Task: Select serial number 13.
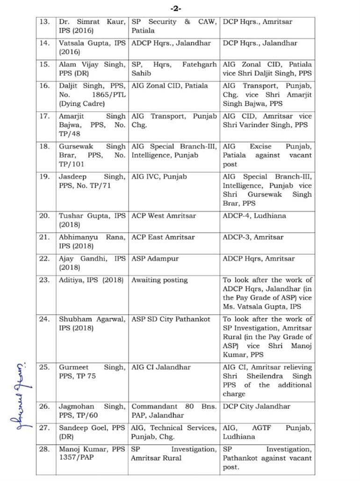tap(44, 22)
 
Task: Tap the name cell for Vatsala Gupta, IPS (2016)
tap(92, 48)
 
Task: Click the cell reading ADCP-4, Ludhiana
tap(254, 216)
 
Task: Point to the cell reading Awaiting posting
tap(159, 280)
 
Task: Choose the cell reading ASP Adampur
tap(155, 258)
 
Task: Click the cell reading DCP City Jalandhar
tap(257, 406)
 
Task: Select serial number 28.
tap(44, 449)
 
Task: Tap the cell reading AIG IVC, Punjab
tap(159, 177)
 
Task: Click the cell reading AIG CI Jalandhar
tap(161, 367)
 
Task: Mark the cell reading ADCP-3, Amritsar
tap(253, 237)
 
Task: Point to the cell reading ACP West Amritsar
tap(164, 216)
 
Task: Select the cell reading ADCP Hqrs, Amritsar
tap(259, 258)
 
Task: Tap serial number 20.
tap(44, 216)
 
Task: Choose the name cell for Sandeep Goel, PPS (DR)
tap(92, 432)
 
